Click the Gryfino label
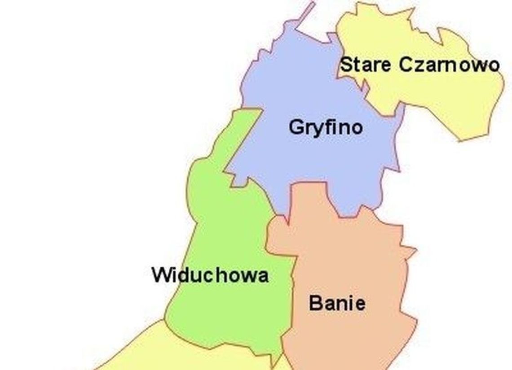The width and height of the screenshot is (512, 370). point(326,128)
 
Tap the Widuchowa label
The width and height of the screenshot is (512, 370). point(210,275)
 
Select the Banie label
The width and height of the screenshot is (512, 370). point(337,304)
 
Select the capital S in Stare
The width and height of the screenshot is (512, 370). point(346,65)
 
